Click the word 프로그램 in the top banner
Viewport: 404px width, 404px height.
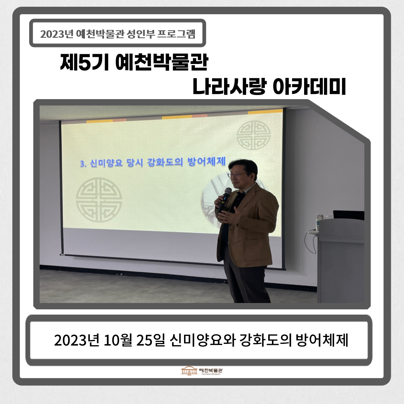176,34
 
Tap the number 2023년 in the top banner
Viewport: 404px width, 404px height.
57,34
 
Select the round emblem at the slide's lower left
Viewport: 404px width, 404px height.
99,200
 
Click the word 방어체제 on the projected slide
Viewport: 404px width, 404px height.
206,162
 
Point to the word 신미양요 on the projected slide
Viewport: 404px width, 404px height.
106,163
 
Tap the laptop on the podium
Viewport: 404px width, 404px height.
348,215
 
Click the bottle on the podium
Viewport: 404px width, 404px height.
319,221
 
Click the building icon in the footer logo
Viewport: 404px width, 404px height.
189,371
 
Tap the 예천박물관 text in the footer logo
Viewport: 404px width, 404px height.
211,370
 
